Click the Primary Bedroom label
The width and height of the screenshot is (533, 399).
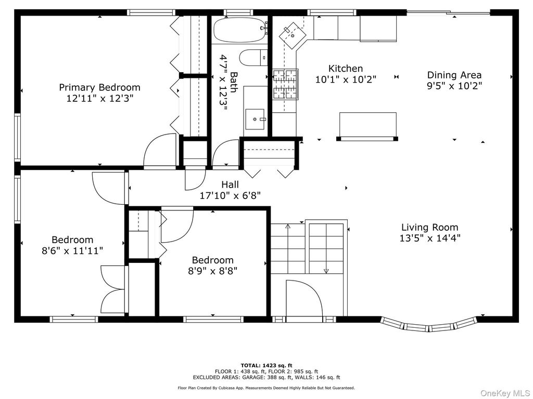tap(99, 87)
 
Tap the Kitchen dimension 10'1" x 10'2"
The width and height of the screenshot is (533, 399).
tap(346, 79)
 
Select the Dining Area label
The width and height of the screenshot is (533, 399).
tap(454, 75)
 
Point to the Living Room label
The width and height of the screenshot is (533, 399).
tap(429, 227)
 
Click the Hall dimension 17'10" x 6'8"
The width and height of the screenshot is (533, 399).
tap(230, 196)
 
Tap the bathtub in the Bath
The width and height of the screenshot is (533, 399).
tap(239, 29)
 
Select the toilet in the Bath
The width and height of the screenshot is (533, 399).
tap(253, 58)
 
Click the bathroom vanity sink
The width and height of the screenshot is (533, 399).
tap(255, 119)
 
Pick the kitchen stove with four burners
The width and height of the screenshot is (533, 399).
tap(286, 84)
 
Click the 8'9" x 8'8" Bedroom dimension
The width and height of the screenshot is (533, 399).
tap(213, 271)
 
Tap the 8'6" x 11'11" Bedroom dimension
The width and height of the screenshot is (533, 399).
tap(72, 251)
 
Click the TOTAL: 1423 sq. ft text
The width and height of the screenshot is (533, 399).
tap(266, 365)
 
